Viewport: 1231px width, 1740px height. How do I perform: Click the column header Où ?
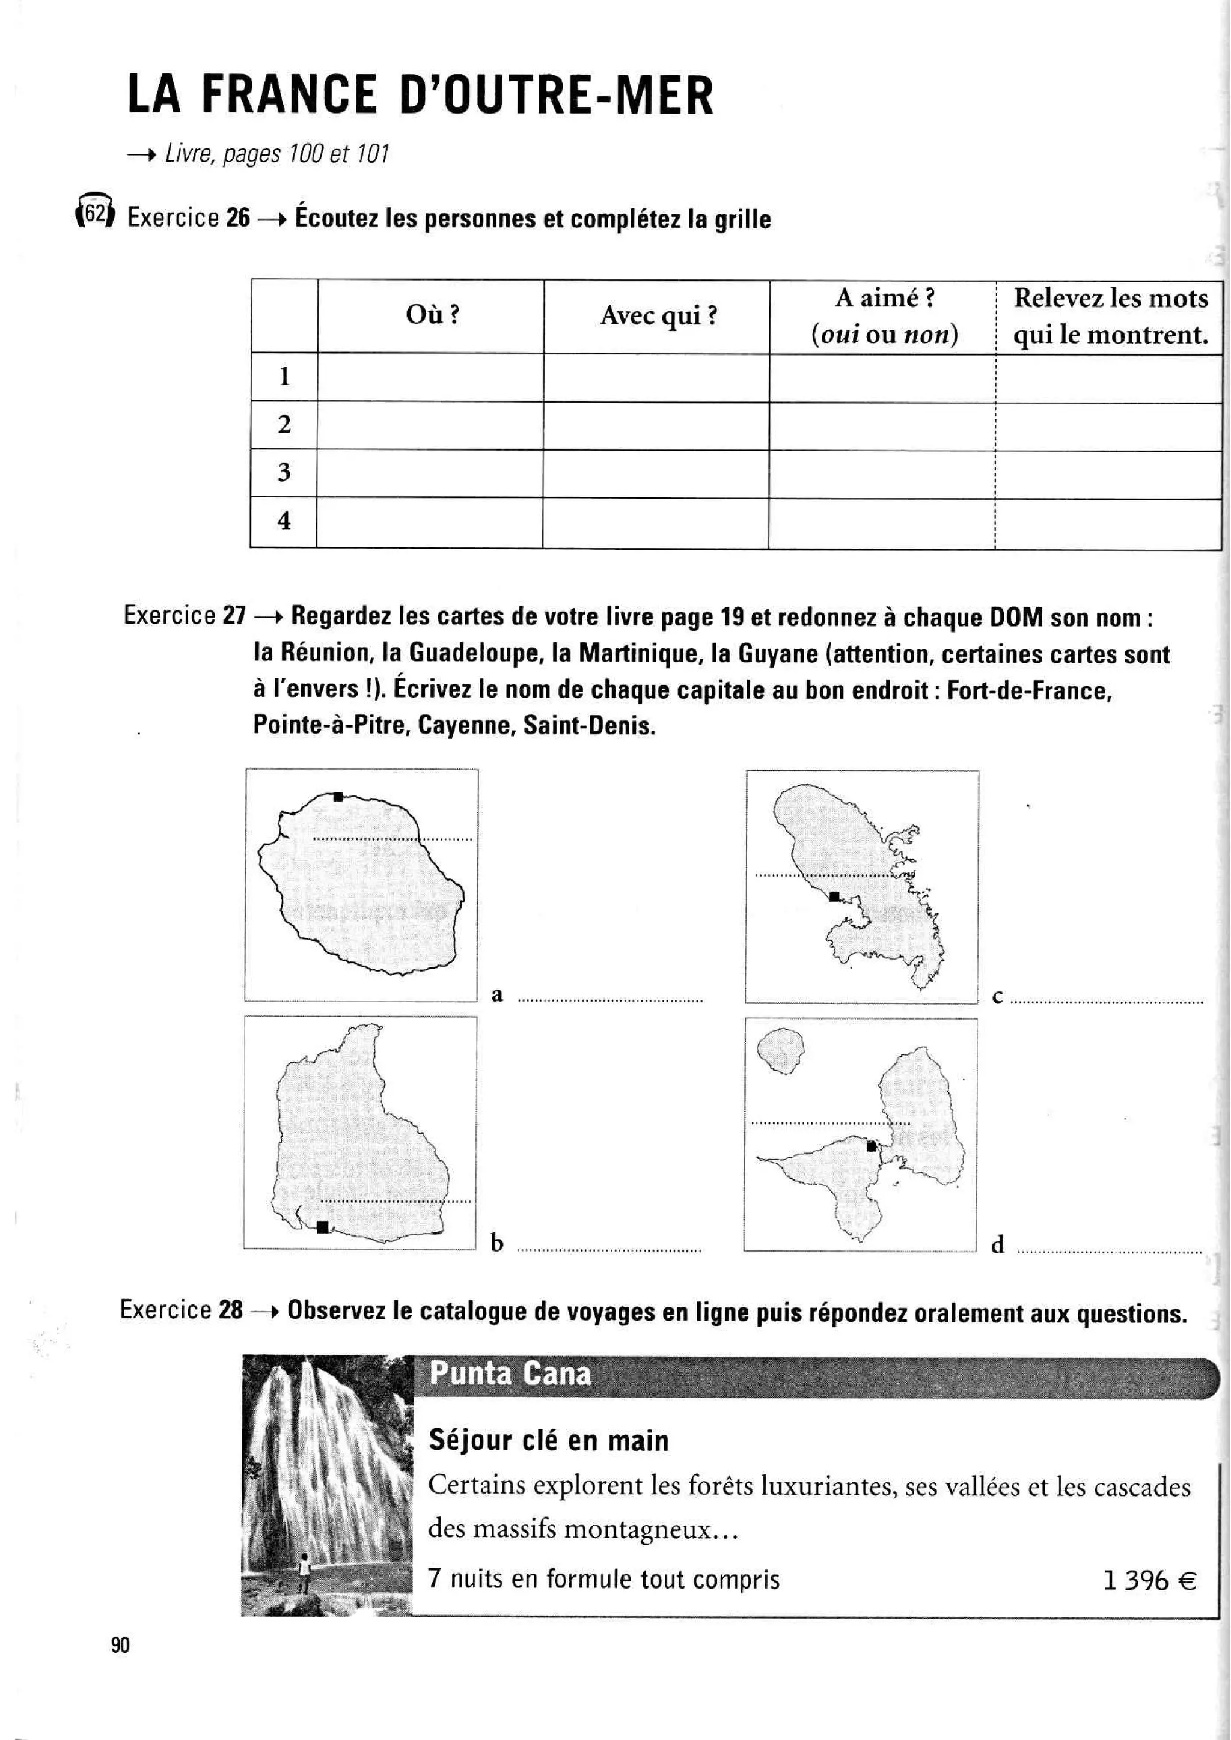tap(432, 314)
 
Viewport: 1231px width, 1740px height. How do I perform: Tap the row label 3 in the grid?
tap(284, 472)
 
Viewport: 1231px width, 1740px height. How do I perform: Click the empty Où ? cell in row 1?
tap(430, 377)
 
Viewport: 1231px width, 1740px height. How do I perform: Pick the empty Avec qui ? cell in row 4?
tap(656, 522)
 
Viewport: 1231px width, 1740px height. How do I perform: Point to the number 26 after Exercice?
tap(237, 218)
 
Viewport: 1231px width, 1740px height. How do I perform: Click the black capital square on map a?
tap(338, 797)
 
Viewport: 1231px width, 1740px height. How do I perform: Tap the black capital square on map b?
tap(322, 1227)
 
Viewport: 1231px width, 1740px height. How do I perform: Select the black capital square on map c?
tap(834, 896)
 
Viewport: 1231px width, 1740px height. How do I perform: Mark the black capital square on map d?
tap(872, 1146)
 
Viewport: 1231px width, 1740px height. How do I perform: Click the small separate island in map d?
tap(780, 1050)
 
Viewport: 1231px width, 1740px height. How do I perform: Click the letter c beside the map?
tap(998, 997)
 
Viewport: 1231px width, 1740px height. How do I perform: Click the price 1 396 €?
tap(1149, 1580)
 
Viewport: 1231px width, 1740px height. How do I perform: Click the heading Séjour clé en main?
tap(548, 1440)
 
